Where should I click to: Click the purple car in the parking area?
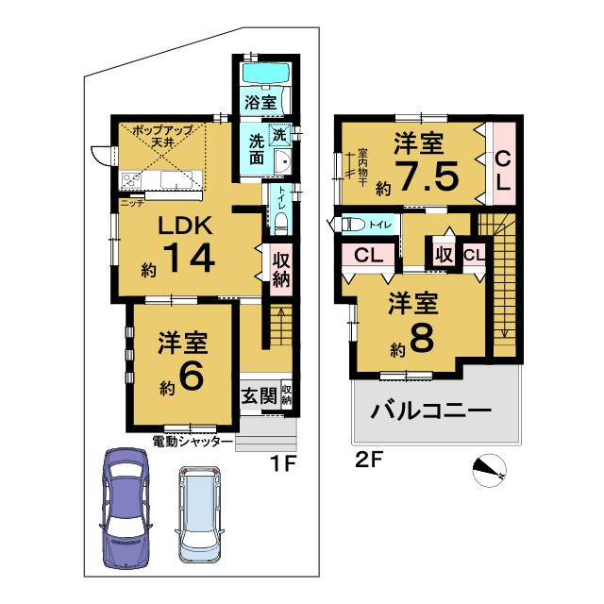[x=126, y=509]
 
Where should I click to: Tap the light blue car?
[x=200, y=514]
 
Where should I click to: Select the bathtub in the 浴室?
[x=266, y=72]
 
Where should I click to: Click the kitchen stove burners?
[x=130, y=180]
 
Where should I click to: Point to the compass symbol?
[x=489, y=470]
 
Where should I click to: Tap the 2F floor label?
[x=369, y=461]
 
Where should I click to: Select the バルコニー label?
[x=431, y=411]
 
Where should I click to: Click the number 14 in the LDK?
[x=189, y=258]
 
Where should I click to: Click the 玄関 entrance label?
[x=259, y=395]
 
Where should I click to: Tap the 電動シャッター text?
[x=193, y=441]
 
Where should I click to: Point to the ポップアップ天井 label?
[x=162, y=136]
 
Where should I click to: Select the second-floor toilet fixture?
[x=350, y=224]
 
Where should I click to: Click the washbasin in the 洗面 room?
[x=282, y=161]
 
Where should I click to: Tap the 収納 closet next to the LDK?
[x=281, y=270]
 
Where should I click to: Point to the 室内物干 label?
[x=362, y=168]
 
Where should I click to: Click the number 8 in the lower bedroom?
[x=422, y=338]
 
